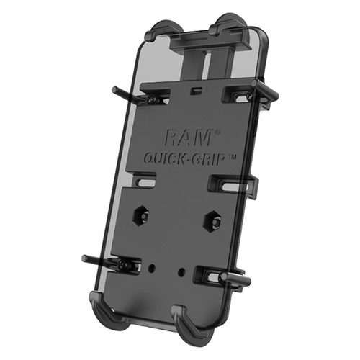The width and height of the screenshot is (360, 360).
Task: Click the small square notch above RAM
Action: point(197,92)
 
